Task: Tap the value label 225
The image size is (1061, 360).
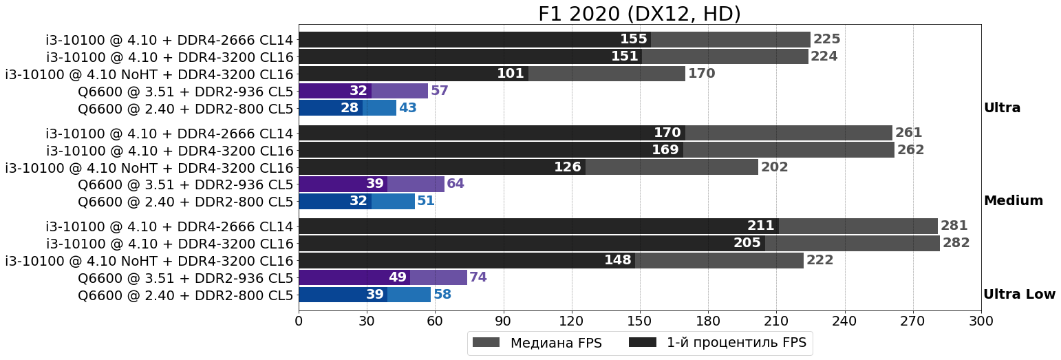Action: [x=826, y=39]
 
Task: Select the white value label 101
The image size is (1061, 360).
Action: [x=511, y=74]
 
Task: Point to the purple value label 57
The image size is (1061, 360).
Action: [x=440, y=91]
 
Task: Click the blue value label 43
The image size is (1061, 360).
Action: [x=408, y=108]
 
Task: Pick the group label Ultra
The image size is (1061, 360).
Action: [x=1002, y=108]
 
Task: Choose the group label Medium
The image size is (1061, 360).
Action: [x=1013, y=201]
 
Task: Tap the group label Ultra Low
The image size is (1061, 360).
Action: [x=1019, y=295]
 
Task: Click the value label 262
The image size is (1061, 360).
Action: [x=910, y=150]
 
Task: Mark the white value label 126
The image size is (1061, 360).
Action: [x=568, y=167]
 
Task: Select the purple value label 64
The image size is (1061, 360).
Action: [x=456, y=184]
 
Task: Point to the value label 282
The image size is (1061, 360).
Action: [x=956, y=243]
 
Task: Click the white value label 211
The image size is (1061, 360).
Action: [x=761, y=226]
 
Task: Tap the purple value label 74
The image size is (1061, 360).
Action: [x=478, y=277]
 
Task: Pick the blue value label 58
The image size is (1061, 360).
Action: [x=442, y=295]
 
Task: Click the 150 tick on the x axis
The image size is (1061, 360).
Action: [x=640, y=321]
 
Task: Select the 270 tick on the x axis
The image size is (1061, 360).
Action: [x=913, y=321]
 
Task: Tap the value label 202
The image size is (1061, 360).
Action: [x=774, y=167]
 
